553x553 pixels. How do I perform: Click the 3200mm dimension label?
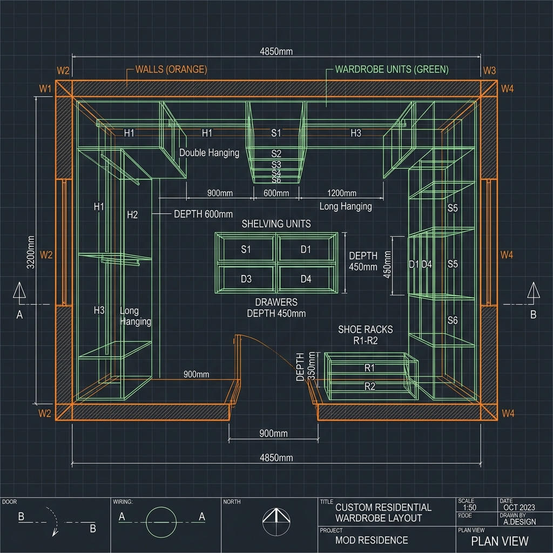[x=31, y=252]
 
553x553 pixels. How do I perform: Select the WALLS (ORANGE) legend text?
[x=171, y=69]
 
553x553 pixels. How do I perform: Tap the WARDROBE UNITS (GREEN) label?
[x=392, y=69]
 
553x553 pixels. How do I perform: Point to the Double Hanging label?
[x=209, y=153]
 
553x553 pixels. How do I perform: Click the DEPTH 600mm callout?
[x=203, y=214]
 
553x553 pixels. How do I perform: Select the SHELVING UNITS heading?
[x=276, y=224]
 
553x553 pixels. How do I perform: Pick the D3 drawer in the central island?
[x=246, y=279]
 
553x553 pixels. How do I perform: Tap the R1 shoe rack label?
[x=369, y=368]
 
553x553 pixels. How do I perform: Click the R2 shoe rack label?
[x=369, y=386]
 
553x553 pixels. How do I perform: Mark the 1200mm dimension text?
[x=342, y=193]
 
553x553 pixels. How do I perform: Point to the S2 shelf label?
[x=276, y=153]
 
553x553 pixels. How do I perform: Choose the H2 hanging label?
[x=132, y=215]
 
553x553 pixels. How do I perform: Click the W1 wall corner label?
[x=45, y=89]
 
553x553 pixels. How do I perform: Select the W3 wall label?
[x=489, y=71]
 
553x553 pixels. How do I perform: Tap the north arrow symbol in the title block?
[x=276, y=522]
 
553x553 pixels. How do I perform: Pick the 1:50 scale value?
[x=469, y=508]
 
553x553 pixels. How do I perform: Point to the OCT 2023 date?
[x=519, y=508]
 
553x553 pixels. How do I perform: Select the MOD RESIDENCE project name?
[x=372, y=540]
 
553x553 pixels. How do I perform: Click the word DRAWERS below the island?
[x=276, y=302]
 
